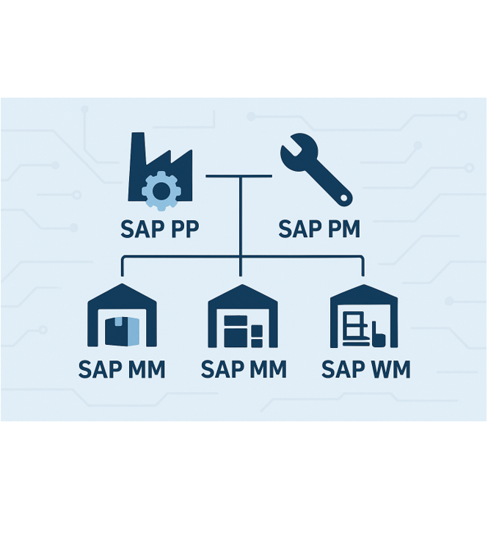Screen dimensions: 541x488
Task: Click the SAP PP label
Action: click(160, 229)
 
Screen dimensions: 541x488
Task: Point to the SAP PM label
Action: click(319, 229)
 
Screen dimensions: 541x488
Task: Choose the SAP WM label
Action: click(365, 368)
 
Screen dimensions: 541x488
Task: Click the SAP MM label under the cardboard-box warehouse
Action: click(122, 368)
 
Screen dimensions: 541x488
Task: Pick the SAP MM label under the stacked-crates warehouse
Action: click(243, 368)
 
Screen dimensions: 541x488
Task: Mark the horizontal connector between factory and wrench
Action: click(239, 176)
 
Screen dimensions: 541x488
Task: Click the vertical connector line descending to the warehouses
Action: click(240, 220)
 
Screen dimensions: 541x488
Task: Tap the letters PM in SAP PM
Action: click(342, 229)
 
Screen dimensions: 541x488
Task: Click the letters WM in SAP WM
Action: click(390, 368)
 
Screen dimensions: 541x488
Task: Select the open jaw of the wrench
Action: click(289, 143)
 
